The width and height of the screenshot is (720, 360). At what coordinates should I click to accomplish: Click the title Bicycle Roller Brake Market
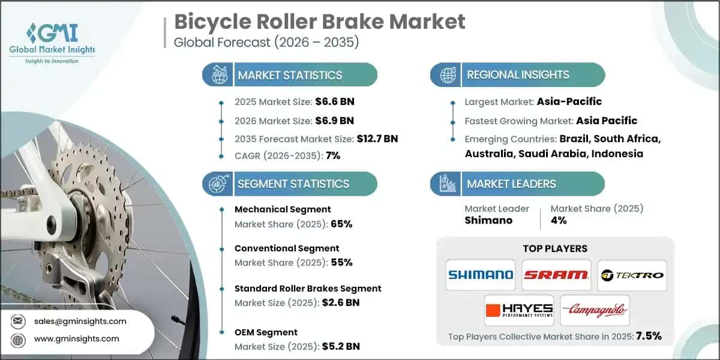pos(319,22)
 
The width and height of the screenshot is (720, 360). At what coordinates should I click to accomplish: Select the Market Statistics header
pos(290,75)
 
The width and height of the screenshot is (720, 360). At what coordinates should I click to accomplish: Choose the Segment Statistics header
pos(293,184)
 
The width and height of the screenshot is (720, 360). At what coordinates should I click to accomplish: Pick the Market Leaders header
pos(511,184)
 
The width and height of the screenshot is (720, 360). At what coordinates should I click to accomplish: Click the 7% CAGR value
pos(332,155)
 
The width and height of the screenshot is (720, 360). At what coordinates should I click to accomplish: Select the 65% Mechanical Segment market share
pos(341,224)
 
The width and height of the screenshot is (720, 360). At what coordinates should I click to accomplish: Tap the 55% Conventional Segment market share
pos(341,262)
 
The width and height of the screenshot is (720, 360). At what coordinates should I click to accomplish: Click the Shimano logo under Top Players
pos(481,274)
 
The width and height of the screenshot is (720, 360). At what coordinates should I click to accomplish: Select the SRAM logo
pos(556,274)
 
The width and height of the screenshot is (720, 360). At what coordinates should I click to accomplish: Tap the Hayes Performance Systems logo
pos(519,310)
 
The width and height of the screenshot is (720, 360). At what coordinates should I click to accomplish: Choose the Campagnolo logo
pos(594,310)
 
